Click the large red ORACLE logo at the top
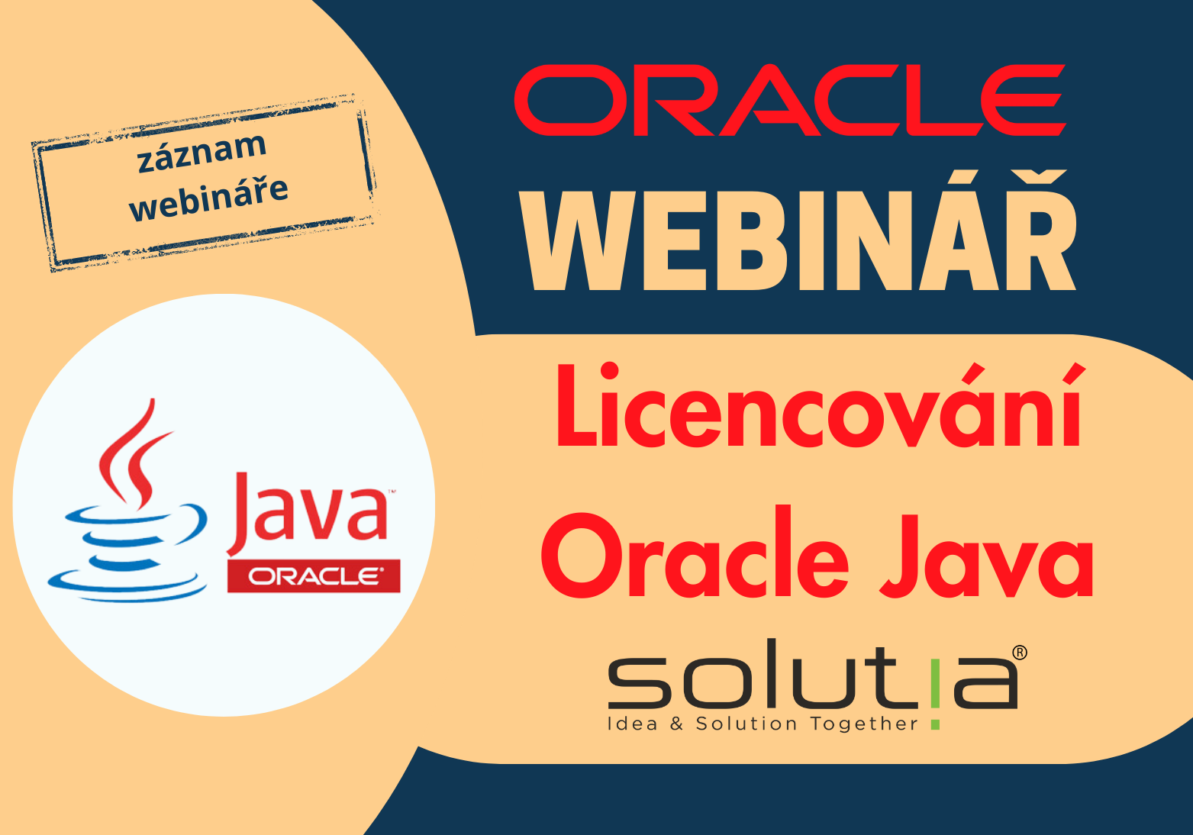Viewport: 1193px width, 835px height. (x=789, y=100)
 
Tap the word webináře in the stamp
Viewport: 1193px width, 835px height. (x=208, y=197)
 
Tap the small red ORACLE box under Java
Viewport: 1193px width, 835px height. (x=314, y=576)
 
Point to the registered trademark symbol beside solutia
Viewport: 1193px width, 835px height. (x=1020, y=653)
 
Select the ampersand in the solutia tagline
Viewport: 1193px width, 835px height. (x=676, y=724)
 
